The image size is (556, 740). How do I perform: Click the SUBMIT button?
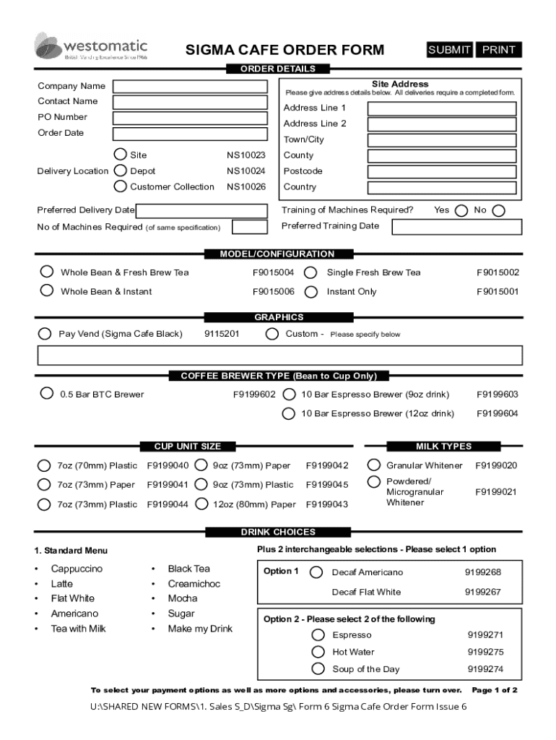[x=449, y=50]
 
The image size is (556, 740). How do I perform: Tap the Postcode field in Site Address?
[x=442, y=172]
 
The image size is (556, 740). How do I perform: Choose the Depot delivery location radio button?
[x=121, y=171]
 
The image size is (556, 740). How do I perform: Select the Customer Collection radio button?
[x=121, y=186]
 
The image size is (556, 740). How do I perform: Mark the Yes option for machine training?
[x=462, y=210]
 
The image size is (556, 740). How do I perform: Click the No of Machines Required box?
[x=249, y=227]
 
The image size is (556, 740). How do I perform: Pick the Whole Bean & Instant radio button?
[x=47, y=291]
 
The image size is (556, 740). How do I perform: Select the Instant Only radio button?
[x=311, y=292]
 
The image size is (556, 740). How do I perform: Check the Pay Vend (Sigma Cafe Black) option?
[x=45, y=334]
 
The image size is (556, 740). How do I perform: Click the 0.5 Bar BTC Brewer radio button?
[x=47, y=394]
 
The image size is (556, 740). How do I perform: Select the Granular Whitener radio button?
[x=374, y=465]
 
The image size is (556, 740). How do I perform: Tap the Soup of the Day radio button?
[x=318, y=668]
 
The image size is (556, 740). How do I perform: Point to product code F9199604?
[x=497, y=414]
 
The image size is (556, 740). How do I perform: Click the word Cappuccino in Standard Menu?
[x=77, y=569]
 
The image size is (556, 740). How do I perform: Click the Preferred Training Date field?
[x=456, y=227]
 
